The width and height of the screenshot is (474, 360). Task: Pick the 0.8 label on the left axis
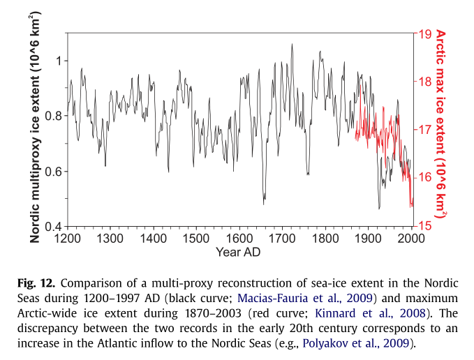click(x=52, y=116)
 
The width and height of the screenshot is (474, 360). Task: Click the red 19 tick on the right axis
click(x=422, y=33)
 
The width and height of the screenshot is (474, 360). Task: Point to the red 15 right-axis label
click(x=422, y=226)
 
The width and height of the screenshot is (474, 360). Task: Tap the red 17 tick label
click(x=422, y=130)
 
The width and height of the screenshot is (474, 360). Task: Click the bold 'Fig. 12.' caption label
click(x=36, y=284)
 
